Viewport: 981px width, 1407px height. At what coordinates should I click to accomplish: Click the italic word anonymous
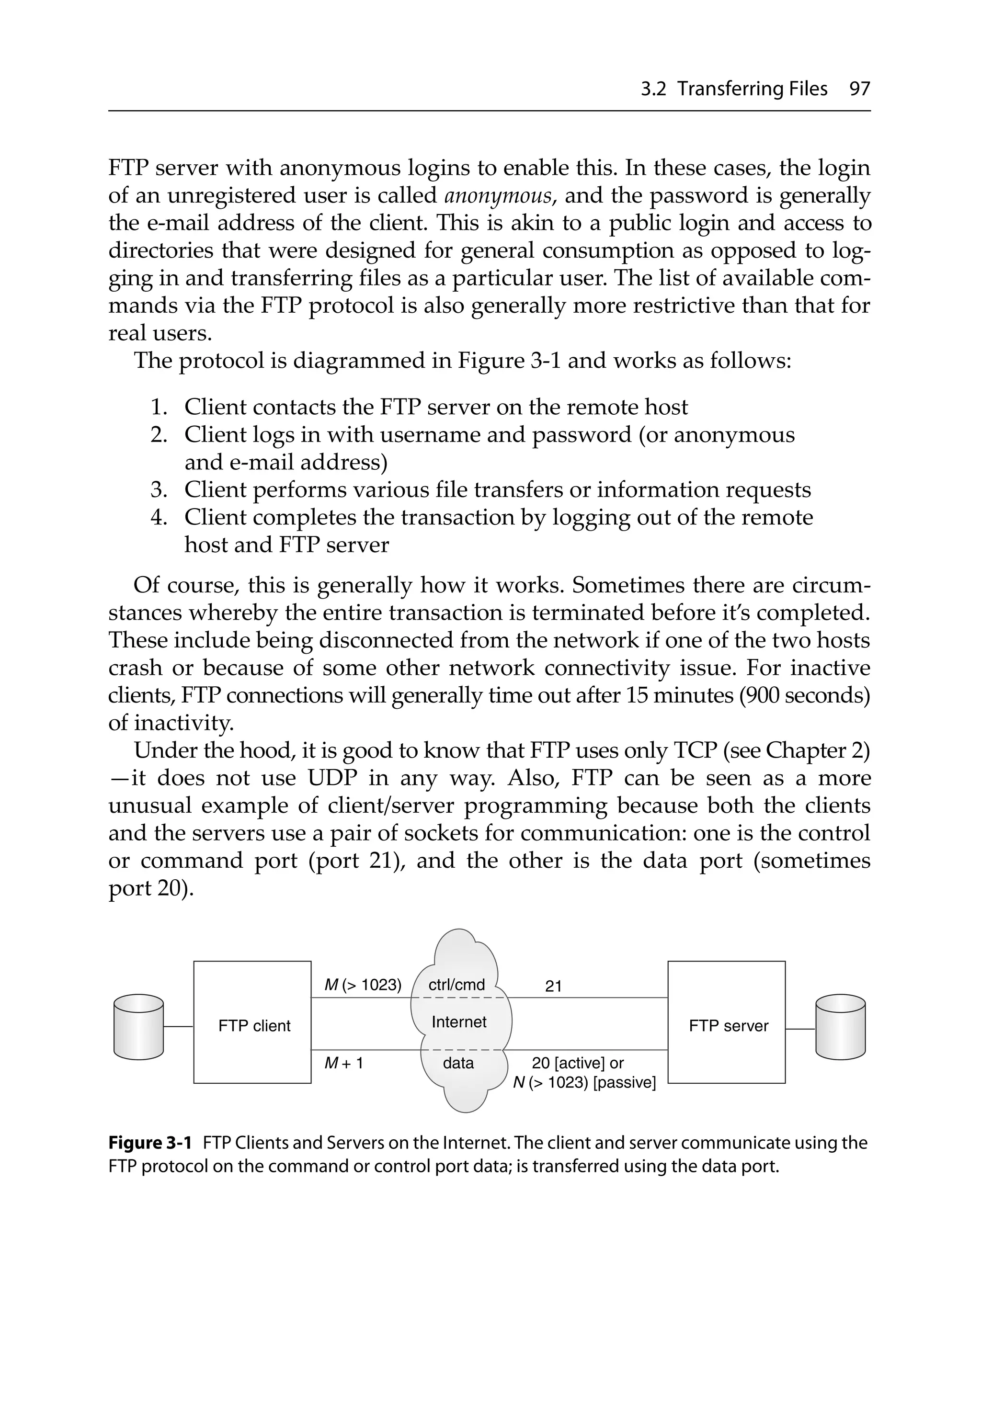(x=500, y=195)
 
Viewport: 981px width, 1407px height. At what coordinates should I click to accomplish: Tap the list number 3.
(x=159, y=490)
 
